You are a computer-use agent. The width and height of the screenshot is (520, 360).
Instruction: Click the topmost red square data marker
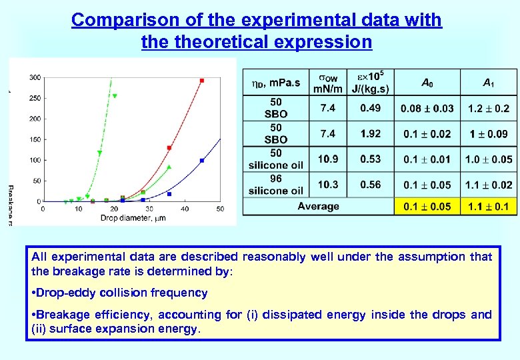coord(202,81)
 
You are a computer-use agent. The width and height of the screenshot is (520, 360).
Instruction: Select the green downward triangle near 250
coord(115,96)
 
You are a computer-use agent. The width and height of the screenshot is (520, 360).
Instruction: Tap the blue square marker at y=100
coord(202,161)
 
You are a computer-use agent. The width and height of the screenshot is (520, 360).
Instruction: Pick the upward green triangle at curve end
coord(169,167)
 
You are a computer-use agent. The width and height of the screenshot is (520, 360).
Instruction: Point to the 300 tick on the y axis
coord(35,77)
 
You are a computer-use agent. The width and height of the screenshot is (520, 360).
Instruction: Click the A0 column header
coord(427,83)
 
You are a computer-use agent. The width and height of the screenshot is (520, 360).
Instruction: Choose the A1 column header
coord(489,83)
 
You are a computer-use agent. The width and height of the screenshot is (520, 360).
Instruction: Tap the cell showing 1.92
coord(370,133)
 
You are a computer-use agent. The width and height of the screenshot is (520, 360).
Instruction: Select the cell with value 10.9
coord(327,159)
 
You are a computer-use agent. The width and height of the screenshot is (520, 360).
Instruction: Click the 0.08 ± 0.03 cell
coord(427,108)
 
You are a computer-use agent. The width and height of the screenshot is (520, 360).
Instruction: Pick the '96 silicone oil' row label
coord(276,185)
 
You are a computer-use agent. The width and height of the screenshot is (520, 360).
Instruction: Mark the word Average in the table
coord(318,206)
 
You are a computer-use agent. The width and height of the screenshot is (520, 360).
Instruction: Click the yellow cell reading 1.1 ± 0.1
coord(489,206)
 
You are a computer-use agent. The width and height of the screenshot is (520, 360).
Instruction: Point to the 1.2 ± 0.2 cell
coord(489,108)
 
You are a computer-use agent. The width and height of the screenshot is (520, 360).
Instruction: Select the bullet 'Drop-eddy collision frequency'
coord(120,293)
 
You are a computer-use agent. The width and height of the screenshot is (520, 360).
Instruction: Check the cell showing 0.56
coord(370,185)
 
